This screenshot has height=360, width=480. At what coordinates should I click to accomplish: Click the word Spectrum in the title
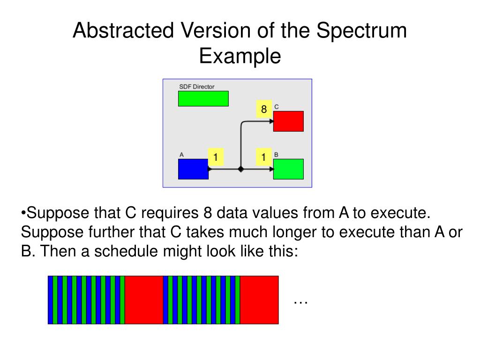[361, 31]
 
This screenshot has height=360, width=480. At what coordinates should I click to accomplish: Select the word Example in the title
[240, 56]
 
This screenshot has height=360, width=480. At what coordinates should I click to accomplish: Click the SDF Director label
[197, 87]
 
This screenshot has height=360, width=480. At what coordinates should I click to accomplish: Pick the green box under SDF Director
[203, 98]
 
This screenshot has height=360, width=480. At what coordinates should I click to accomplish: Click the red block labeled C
[288, 121]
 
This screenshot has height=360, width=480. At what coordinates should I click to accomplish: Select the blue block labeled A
[193, 169]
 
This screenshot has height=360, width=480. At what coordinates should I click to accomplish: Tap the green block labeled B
[288, 169]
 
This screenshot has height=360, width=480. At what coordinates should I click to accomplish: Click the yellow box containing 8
[264, 109]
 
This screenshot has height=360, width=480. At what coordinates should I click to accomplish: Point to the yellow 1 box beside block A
[216, 157]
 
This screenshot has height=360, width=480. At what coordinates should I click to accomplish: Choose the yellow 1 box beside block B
[264, 157]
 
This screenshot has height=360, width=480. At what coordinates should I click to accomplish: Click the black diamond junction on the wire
[240, 169]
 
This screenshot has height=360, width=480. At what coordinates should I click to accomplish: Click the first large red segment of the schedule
[144, 300]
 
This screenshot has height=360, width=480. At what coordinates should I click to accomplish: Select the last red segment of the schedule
[259, 300]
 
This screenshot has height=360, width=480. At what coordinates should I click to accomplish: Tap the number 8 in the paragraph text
[208, 213]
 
